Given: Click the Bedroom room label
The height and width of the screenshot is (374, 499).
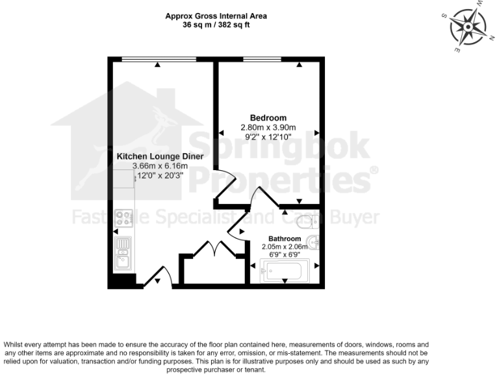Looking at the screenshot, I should (x=268, y=118).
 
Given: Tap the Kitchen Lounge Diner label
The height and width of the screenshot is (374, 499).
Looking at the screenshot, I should (x=160, y=156).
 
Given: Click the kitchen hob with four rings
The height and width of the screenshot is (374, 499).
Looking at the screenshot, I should (x=123, y=218).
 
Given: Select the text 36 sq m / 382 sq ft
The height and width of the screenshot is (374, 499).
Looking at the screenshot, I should (x=216, y=25).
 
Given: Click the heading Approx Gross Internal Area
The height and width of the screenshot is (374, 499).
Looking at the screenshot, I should (x=216, y=16).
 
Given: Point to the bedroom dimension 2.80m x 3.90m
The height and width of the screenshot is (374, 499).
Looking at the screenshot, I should (x=268, y=127).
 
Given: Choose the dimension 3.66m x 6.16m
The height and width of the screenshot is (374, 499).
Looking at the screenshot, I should (x=160, y=166).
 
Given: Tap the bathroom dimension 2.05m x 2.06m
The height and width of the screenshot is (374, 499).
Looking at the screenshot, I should (x=284, y=247).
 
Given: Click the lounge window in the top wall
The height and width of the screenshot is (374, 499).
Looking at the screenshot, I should (x=159, y=60).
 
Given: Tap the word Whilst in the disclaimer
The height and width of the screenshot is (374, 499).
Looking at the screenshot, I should (x=18, y=344).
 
